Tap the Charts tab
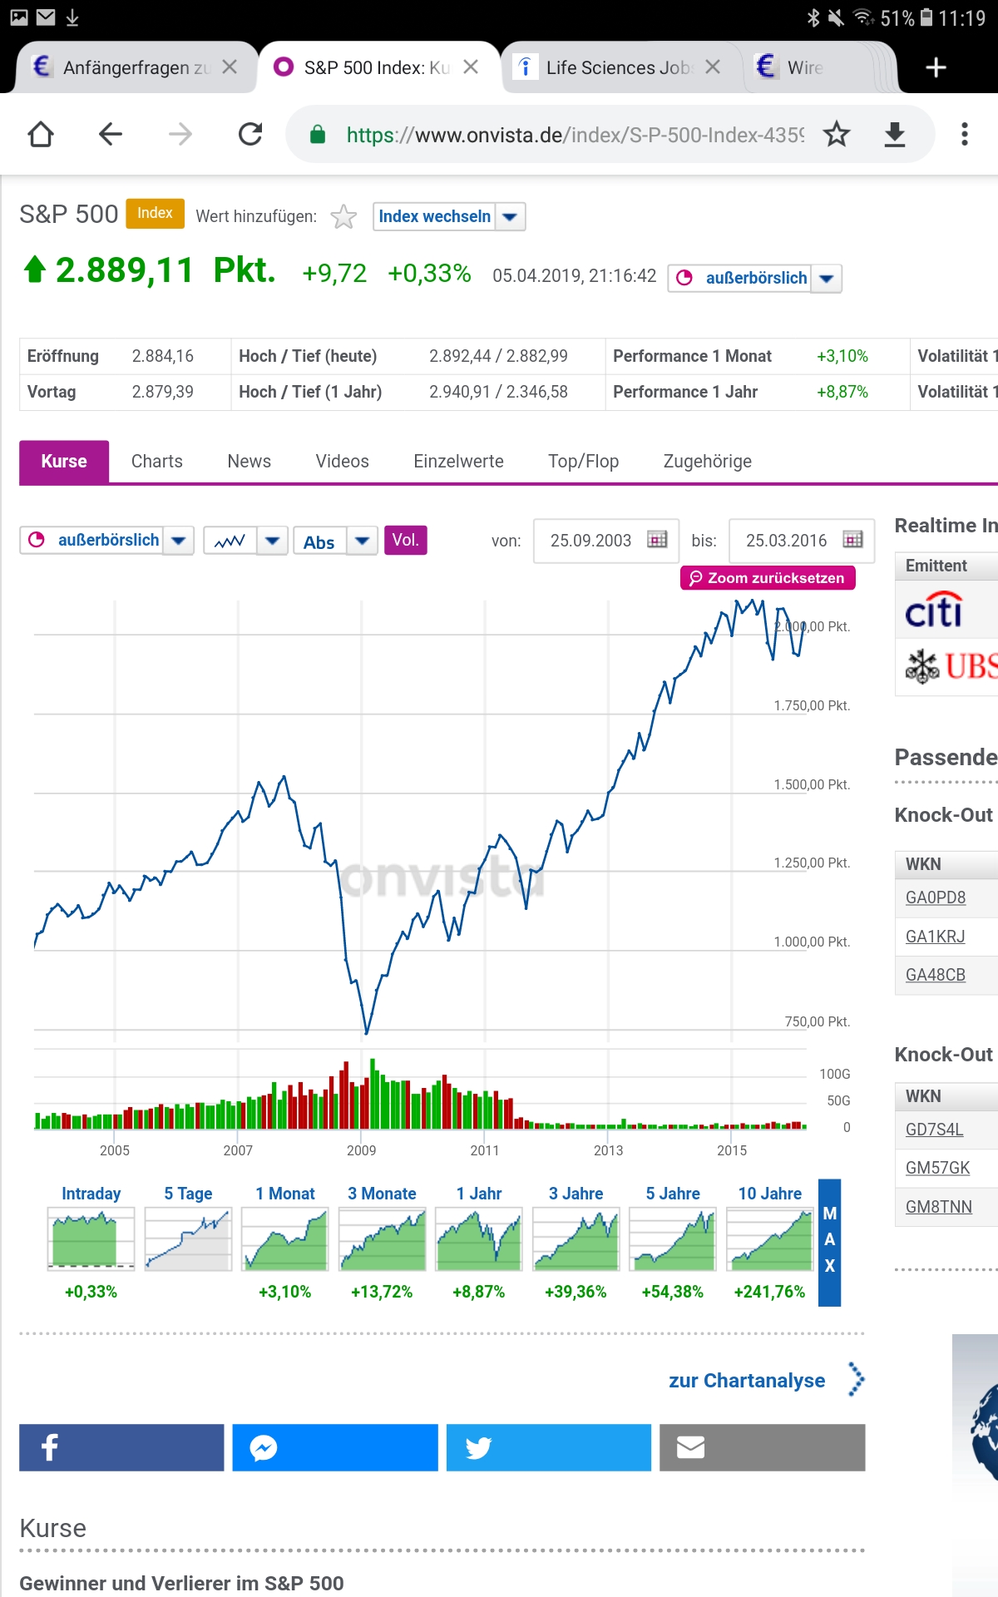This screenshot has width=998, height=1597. click(156, 462)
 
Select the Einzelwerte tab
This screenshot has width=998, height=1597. click(458, 462)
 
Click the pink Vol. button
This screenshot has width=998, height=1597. click(405, 541)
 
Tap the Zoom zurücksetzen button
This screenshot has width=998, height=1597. click(767, 578)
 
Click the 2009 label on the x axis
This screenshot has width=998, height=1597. click(361, 1150)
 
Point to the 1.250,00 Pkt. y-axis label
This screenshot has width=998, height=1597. click(811, 863)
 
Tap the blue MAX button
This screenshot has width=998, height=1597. click(829, 1241)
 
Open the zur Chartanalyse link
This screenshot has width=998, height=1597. click(747, 1381)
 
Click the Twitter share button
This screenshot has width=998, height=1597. click(548, 1448)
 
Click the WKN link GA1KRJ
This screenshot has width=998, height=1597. click(935, 937)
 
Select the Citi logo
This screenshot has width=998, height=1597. click(933, 611)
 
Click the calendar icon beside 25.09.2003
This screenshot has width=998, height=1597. click(657, 540)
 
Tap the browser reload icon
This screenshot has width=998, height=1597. click(250, 134)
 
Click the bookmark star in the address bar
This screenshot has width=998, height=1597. click(837, 134)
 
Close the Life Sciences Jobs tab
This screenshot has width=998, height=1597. click(713, 67)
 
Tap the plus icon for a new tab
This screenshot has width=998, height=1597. click(936, 67)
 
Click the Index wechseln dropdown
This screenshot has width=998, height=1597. click(448, 216)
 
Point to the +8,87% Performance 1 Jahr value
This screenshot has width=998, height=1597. click(842, 392)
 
